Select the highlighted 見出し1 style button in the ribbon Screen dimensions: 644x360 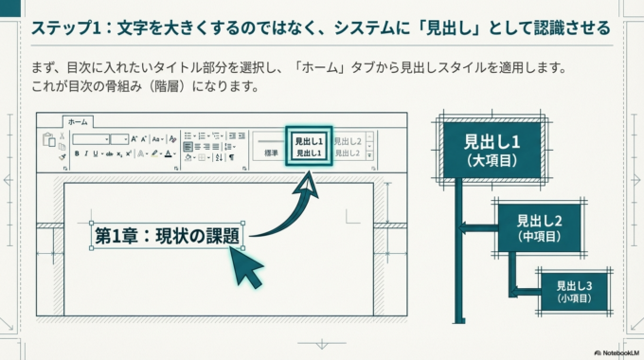[x=308, y=145]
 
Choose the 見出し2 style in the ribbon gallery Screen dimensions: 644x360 [x=347, y=140]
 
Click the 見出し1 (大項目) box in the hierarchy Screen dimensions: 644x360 [x=490, y=150]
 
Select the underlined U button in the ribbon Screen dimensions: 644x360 [x=96, y=153]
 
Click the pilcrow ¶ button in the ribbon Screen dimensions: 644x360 [x=232, y=157]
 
